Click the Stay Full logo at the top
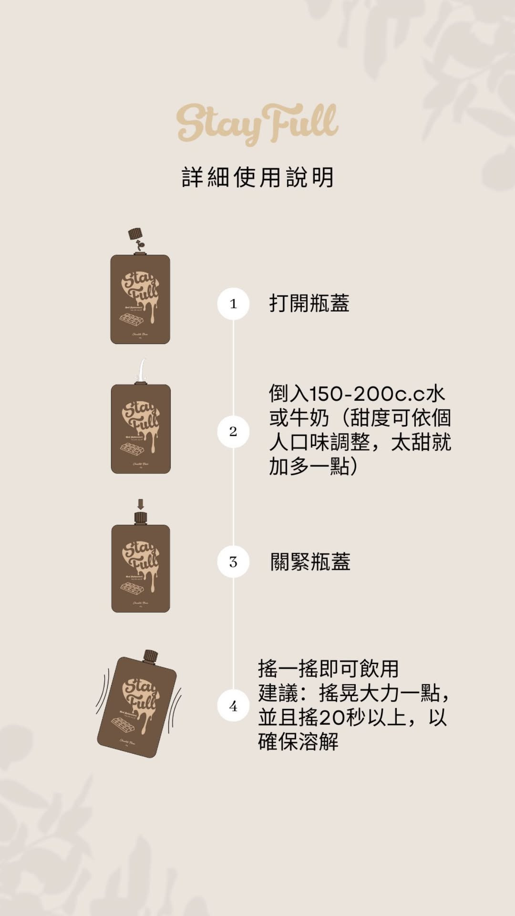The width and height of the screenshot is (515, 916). click(257, 124)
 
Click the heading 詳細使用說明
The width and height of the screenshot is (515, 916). click(257, 177)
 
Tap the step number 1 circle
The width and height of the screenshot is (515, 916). click(233, 303)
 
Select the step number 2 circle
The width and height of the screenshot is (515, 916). click(233, 431)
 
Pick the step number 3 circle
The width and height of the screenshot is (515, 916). click(233, 562)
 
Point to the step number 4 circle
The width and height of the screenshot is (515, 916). click(233, 706)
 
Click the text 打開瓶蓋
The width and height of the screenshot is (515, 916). click(309, 303)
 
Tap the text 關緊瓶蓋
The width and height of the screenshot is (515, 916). click(310, 562)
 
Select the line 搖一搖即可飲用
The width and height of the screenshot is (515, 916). click(328, 669)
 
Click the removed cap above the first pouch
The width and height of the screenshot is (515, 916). click(135, 234)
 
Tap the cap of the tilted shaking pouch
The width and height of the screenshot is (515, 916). click(151, 656)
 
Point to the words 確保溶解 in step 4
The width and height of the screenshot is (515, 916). click(298, 742)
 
